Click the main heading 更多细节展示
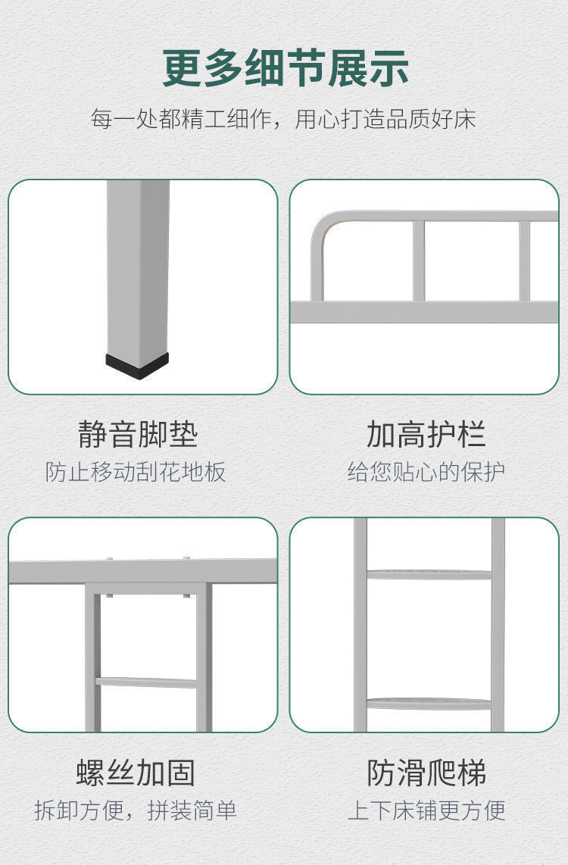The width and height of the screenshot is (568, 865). pos(286,68)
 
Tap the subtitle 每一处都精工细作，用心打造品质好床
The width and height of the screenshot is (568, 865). pos(283,119)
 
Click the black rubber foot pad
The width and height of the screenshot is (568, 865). pos(137,365)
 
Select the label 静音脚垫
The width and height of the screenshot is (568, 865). pos(138,434)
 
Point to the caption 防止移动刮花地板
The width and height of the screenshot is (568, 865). pos(136,472)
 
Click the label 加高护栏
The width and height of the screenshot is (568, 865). pos(426,434)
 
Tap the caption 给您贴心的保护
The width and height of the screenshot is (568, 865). pos(426,472)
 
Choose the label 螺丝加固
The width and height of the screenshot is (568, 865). pos(136,773)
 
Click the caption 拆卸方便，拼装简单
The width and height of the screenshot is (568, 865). pos(136,810)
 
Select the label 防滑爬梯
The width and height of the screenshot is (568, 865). pos(426,773)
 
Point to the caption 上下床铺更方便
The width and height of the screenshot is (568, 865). pos(426,810)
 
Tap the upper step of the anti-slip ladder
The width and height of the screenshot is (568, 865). pos(429,575)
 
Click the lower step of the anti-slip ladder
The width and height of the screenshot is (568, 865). pos(429,704)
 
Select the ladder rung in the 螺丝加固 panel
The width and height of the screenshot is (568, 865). pos(146,683)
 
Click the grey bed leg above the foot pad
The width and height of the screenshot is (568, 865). pos(138,268)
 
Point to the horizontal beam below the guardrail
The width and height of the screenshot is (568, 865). pos(424,312)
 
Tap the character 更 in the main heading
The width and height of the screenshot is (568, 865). pos(182,68)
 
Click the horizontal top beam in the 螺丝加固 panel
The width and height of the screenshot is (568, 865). pos(143,572)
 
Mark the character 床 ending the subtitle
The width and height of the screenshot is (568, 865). pos(464,119)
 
